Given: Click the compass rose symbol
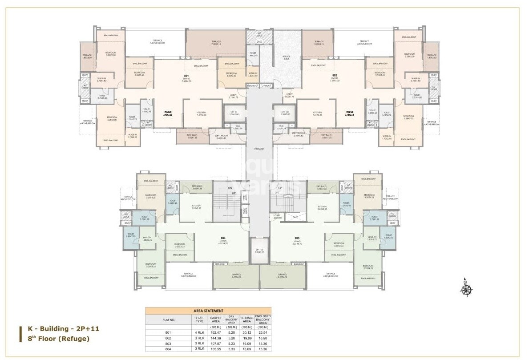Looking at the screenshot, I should tap(466, 289).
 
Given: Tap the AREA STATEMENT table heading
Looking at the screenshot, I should tap(208, 311).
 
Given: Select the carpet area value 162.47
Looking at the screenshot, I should tap(216, 332).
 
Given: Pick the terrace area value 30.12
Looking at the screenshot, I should tap(246, 332).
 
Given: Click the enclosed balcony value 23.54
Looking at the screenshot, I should tap(263, 332).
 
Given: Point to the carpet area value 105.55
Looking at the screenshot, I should tap(216, 349).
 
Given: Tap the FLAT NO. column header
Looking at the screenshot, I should tap(168, 320).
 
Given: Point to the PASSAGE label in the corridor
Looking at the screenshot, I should tap(259, 149).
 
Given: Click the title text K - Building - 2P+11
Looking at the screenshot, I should tap(57, 329).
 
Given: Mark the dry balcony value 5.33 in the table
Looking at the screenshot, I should tap(231, 349).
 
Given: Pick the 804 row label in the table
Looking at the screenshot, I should tap(168, 349).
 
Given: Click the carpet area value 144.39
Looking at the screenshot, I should tap(216, 338).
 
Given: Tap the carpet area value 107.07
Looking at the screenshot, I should tap(216, 344).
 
